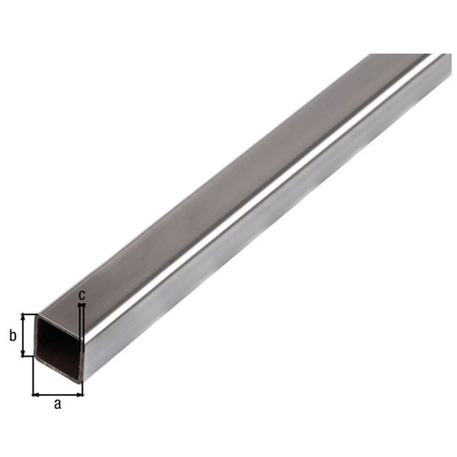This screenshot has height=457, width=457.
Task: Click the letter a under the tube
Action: tap(58, 404)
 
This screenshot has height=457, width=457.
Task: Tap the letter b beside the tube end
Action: tap(11, 336)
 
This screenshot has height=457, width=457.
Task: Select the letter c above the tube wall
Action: tap(82, 294)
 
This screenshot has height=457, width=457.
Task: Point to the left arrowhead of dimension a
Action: tap(35, 393)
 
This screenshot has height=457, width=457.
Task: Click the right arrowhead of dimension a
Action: tap(80, 393)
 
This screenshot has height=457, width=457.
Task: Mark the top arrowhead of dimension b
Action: tap(25, 317)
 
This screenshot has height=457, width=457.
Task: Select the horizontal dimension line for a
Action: tap(58, 393)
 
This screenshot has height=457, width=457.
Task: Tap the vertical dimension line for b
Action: tap(25, 335)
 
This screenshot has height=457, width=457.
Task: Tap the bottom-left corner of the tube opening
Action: tap(38, 358)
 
